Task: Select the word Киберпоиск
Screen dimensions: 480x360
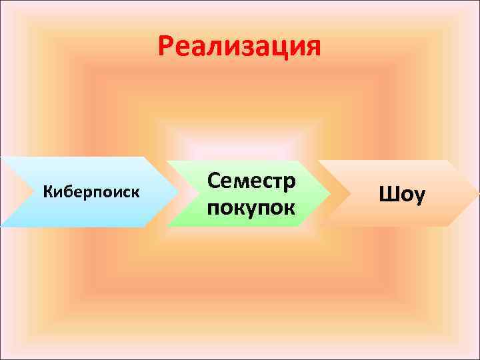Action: click(91, 193)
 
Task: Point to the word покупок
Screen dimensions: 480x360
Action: click(251, 207)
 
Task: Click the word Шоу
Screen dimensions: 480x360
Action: click(401, 194)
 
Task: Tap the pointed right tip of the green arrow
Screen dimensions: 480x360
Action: click(331, 193)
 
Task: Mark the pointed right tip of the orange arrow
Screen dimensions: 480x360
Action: click(477, 193)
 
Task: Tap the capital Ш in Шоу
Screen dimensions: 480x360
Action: click(387, 194)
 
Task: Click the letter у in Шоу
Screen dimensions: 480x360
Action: click(418, 196)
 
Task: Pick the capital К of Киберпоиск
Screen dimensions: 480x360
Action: click(47, 193)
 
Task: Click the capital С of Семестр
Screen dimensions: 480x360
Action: click(215, 181)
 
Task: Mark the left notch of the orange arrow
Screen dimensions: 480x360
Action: click(336, 193)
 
